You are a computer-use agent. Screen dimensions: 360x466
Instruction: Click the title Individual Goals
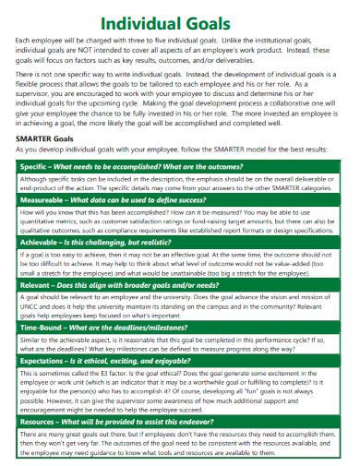(x=180, y=23)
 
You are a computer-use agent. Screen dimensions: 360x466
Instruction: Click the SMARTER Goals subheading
(x=45, y=138)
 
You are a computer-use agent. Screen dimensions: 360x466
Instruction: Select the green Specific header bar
(x=179, y=165)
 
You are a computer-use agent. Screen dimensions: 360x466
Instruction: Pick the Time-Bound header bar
(x=179, y=329)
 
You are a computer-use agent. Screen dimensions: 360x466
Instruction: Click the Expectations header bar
(x=179, y=362)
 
